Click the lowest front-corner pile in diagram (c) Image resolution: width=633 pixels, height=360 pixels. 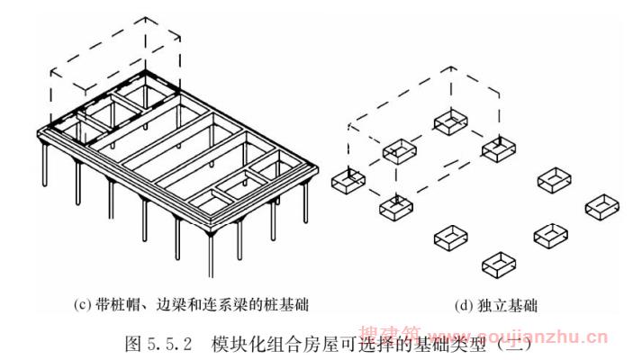pyautogui.click(x=210, y=256)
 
